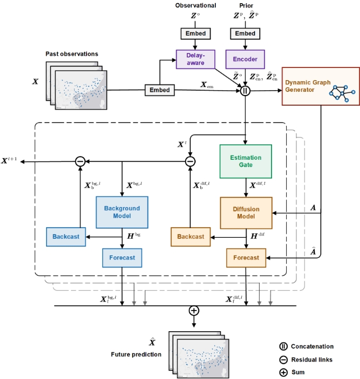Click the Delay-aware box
click(x=196, y=59)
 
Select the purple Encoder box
click(x=245, y=59)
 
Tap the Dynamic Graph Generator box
click(x=321, y=87)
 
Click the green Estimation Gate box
click(x=246, y=161)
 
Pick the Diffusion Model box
click(x=246, y=213)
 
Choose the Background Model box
click(x=122, y=212)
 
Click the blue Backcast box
click(x=66, y=237)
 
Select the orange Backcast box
click(x=190, y=237)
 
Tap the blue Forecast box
click(x=122, y=258)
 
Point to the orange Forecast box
click(x=246, y=258)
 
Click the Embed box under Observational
click(x=196, y=33)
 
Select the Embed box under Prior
click(x=245, y=33)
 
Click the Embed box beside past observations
click(x=160, y=90)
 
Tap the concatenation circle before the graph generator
click(x=245, y=91)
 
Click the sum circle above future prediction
click(x=194, y=311)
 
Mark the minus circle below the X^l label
click(x=190, y=161)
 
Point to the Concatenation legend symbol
click(x=284, y=347)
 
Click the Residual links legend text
click(x=312, y=360)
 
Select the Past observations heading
click(x=72, y=54)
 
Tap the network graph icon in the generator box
click(x=342, y=93)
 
